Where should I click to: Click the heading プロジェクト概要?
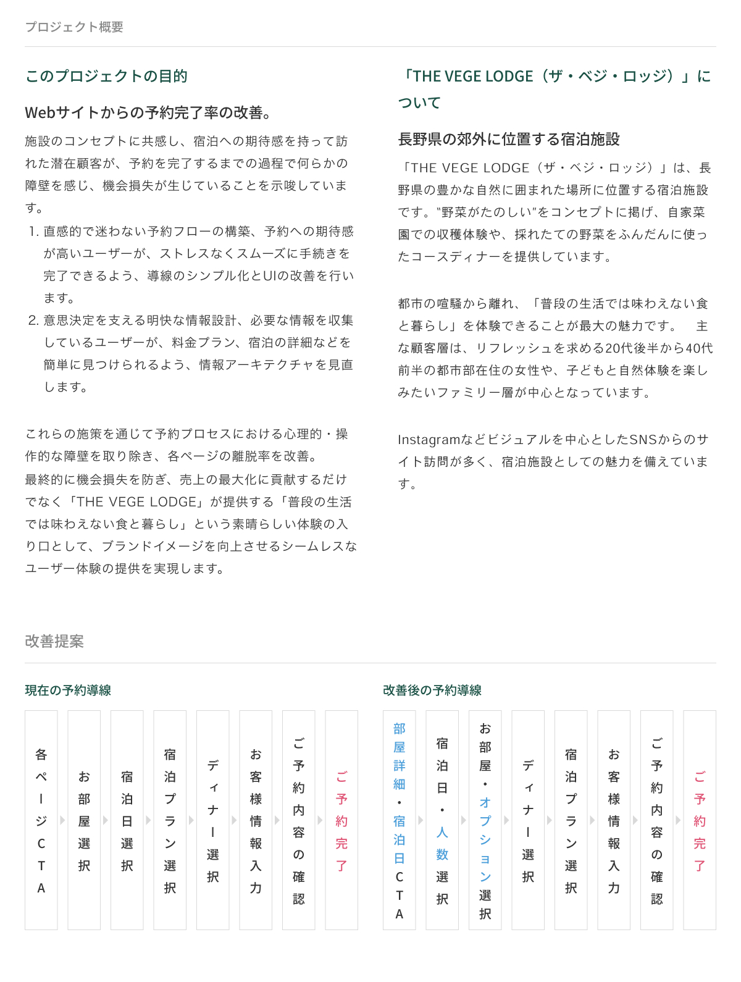point(74,27)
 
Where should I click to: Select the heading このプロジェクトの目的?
point(106,76)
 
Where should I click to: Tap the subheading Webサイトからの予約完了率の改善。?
point(148,112)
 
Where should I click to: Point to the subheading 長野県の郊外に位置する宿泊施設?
point(509,139)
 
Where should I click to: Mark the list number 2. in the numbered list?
point(33,321)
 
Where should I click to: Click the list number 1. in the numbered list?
point(33,232)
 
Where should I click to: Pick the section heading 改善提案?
point(54,641)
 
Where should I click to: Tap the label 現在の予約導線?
point(68,690)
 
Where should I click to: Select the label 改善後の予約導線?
point(432,690)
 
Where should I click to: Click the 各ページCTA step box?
point(41,820)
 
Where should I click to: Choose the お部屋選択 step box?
point(84,820)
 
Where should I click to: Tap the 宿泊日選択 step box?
point(127,820)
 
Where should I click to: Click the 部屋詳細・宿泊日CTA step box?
point(400,820)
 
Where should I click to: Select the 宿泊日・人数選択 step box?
point(442,820)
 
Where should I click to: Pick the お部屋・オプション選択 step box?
point(485,820)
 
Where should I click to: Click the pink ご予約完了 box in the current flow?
point(341,820)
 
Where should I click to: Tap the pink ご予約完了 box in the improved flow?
point(700,820)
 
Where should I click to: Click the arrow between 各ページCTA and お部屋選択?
point(62,820)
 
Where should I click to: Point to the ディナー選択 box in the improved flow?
point(528,820)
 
